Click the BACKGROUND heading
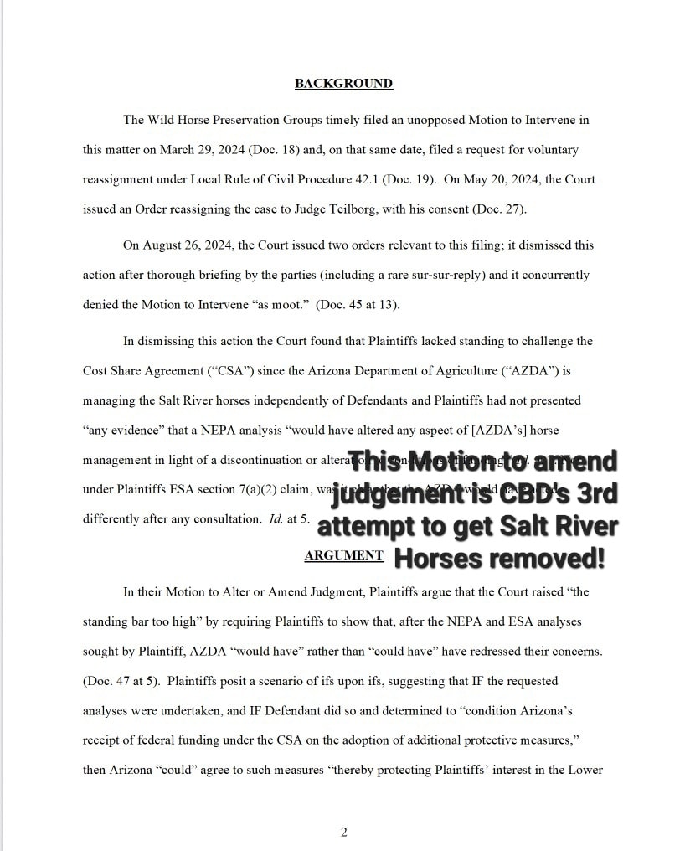point(343,83)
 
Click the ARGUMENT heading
point(343,555)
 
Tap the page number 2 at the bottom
point(343,832)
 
